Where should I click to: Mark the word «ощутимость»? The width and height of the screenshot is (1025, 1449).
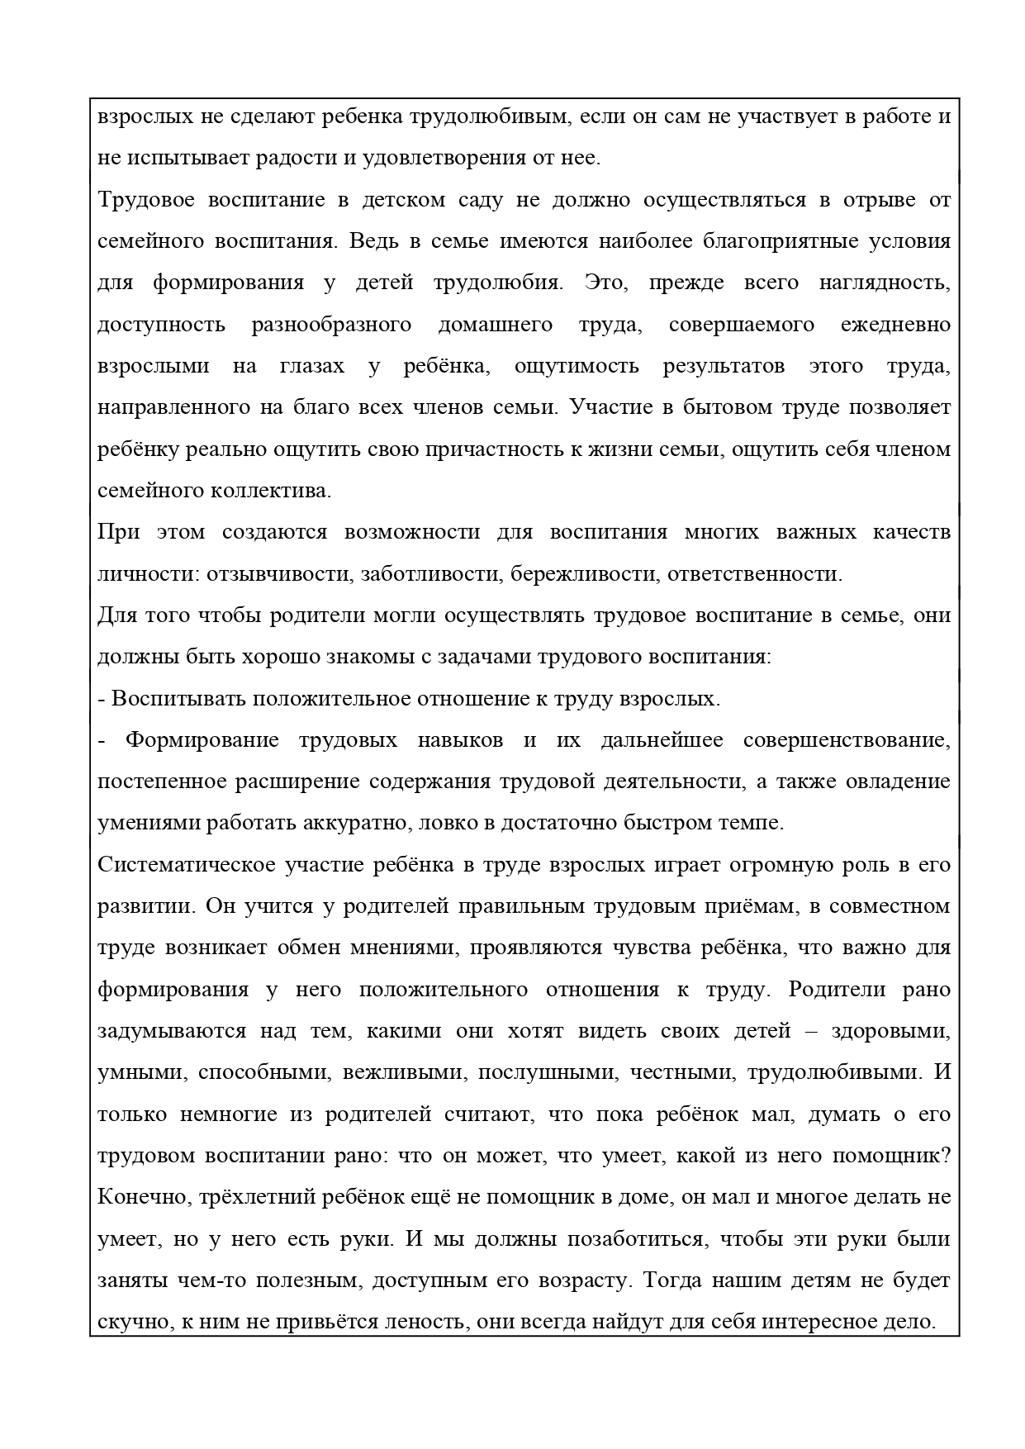577,366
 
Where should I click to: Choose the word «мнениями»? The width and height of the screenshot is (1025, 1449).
406,948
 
